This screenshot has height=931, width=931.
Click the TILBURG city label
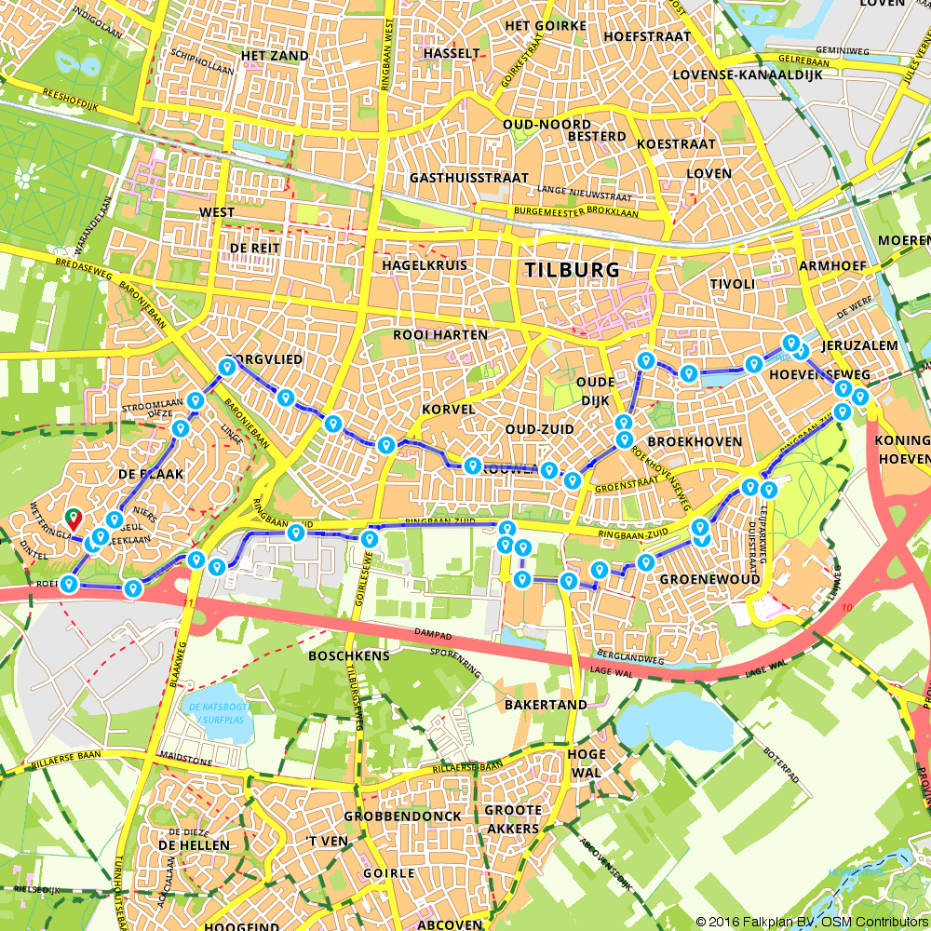(x=572, y=270)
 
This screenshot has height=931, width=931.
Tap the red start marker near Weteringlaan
(x=73, y=518)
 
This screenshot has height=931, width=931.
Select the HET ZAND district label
(x=274, y=56)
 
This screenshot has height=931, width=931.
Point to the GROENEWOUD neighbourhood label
(x=709, y=579)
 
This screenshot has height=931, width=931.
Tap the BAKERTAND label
(x=546, y=705)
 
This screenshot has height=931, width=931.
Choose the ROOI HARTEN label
(x=440, y=335)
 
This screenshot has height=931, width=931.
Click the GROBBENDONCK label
(x=402, y=816)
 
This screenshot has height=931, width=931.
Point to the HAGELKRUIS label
(x=425, y=265)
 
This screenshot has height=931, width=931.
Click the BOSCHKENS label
(x=348, y=655)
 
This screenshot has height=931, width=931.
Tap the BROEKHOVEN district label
(x=695, y=441)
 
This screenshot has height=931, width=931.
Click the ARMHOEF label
(x=832, y=266)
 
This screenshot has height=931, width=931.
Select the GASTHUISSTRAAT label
(x=467, y=178)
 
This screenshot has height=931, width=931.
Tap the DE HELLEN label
(x=194, y=844)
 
